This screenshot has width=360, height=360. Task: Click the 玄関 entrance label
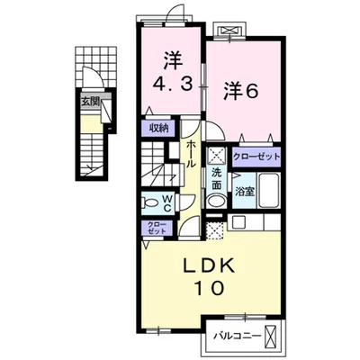pos(89,102)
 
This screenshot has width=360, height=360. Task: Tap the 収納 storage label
pos(158,128)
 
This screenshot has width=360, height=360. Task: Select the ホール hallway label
pos(192,154)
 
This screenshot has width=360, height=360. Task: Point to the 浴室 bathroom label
pos(243,191)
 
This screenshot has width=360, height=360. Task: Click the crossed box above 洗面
pos(216,154)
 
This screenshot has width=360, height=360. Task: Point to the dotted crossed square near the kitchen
pos(216,229)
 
